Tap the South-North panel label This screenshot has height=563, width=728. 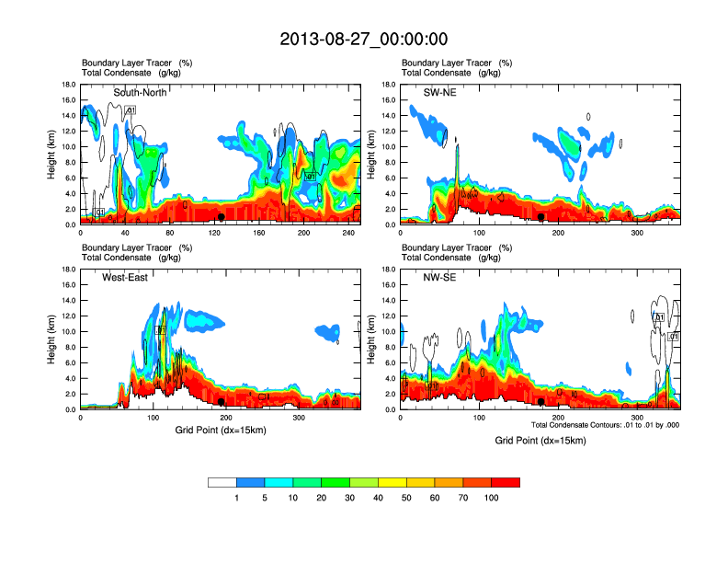pos(140,92)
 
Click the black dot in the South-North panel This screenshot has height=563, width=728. pos(221,217)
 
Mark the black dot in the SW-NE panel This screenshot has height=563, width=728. pos(541,217)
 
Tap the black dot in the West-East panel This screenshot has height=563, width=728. pos(221,402)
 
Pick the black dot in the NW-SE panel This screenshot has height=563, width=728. pos(541,402)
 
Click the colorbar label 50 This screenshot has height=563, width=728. pos(406,498)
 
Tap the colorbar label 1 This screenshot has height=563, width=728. pos(236,498)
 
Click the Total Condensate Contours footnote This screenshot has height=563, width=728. pos(606,424)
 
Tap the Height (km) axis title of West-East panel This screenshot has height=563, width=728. pos(51,339)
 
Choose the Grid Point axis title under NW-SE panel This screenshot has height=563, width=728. pos(540,441)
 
